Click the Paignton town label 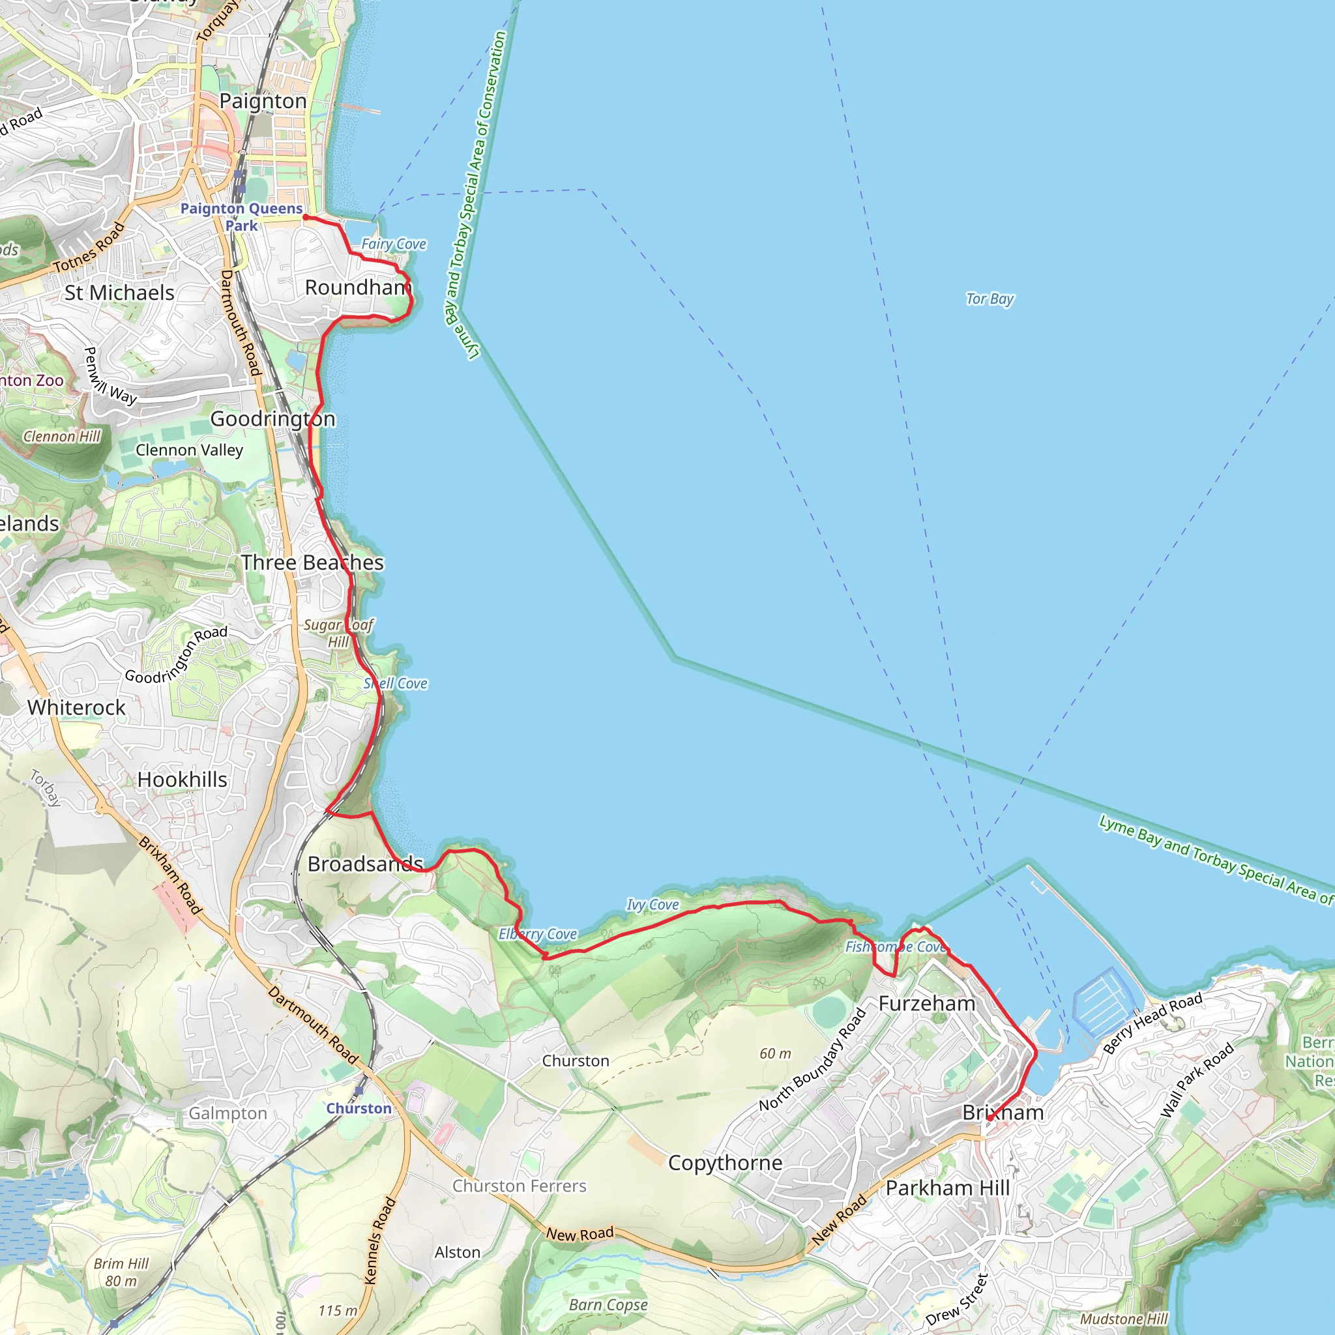pos(263,101)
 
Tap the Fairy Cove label pos(393,244)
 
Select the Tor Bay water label pos(990,299)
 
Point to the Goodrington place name pos(272,418)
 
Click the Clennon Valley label pos(189,450)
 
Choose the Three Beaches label pos(312,563)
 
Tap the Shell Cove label pos(395,683)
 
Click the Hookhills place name pos(183,780)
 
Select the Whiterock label pos(77,707)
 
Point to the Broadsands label pos(365,864)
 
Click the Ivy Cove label pos(653,905)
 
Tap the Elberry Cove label pos(538,934)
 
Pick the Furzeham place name pos(927,1003)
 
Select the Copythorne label pos(725,1163)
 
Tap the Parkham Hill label pos(947,1188)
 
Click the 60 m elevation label pos(775,1054)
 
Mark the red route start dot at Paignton pos(306,217)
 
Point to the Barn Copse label pos(608,1304)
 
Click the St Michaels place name pos(119,293)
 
